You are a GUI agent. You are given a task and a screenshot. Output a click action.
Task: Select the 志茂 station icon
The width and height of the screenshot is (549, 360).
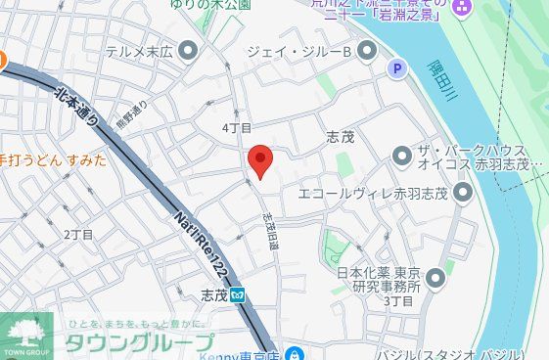[239, 293]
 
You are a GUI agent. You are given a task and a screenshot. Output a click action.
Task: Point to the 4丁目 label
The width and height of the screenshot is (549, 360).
[237, 128]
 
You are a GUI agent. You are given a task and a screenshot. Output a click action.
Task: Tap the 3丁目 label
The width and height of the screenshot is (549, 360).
[399, 300]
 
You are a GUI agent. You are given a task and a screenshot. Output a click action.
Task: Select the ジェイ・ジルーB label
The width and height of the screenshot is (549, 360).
[297, 50]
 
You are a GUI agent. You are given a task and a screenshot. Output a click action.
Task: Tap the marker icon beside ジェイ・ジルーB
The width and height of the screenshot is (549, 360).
[367, 50]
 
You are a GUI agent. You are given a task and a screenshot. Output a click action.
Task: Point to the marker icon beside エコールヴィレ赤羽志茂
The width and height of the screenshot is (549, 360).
[462, 192]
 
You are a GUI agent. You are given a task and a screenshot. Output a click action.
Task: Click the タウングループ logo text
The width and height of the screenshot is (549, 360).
[138, 341]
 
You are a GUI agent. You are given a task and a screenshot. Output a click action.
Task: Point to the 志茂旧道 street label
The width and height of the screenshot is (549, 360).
[271, 232]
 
